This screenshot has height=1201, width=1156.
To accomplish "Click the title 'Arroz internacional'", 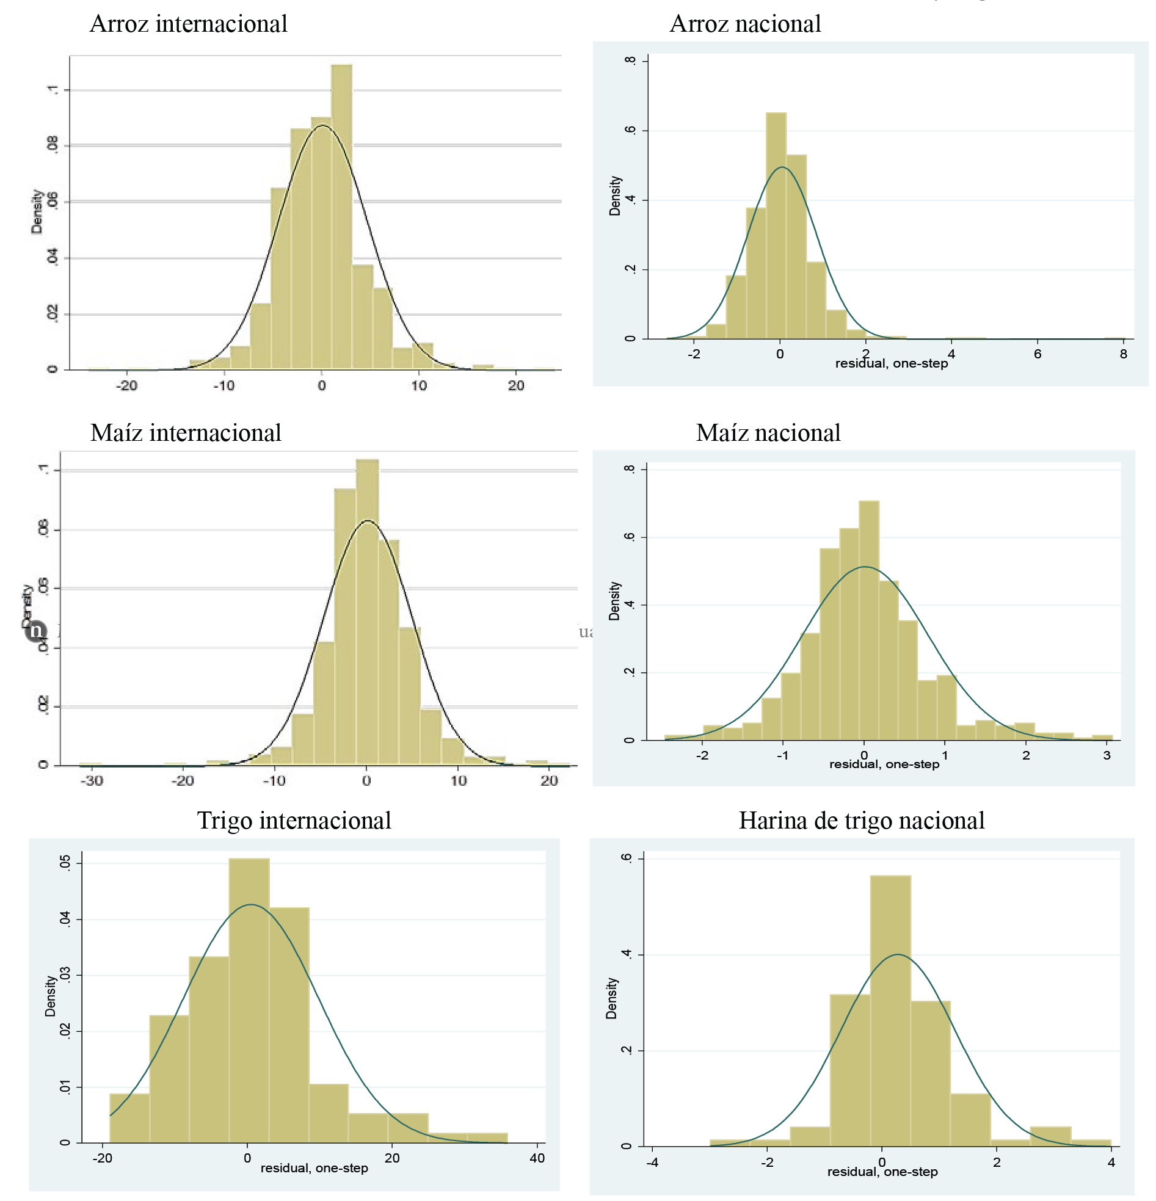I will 188,24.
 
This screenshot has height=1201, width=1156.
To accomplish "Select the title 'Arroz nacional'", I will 745,24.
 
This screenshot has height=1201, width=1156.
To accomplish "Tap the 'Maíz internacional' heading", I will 186,434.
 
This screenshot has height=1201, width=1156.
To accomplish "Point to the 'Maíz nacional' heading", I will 768,434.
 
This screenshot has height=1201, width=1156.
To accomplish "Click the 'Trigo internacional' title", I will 294,821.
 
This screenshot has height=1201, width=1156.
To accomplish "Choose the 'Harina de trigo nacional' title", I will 861,821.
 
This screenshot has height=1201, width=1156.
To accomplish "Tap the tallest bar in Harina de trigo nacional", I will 890,1011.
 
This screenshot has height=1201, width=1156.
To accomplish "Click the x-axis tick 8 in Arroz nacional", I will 1123,354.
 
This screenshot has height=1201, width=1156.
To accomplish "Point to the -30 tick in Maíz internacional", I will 92,782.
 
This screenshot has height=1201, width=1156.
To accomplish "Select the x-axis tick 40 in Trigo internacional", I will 537,1159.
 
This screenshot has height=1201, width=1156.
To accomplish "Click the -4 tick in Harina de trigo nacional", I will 653,1163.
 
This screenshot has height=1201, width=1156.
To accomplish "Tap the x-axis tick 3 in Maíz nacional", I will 1107,755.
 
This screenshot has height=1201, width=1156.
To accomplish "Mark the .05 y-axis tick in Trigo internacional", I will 65,863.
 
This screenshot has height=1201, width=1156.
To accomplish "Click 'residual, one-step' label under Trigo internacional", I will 314,1169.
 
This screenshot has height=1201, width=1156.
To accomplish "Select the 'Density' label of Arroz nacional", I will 615,196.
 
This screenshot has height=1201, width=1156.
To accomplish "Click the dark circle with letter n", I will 36,630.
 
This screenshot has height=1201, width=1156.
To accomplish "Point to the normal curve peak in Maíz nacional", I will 864,567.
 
